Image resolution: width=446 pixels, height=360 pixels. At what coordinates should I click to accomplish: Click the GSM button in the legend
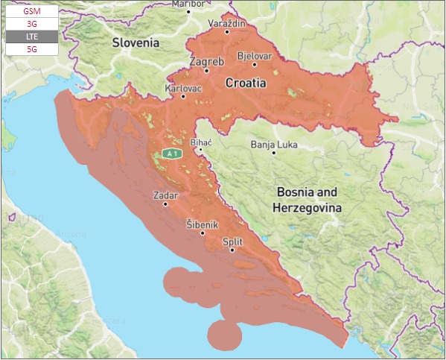click(x=31, y=12)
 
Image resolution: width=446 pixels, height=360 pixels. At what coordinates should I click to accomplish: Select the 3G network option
click(x=31, y=24)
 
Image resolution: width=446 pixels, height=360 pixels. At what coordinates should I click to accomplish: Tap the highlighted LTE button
click(x=31, y=37)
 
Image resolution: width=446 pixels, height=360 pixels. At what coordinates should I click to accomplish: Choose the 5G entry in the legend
click(x=31, y=48)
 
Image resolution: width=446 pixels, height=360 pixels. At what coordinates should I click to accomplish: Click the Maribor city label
click(x=188, y=4)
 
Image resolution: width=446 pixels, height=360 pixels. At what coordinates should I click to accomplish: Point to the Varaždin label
click(x=227, y=23)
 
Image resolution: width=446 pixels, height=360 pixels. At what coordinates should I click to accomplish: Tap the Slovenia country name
click(x=136, y=43)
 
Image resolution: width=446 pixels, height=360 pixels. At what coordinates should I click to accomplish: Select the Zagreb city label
click(x=206, y=61)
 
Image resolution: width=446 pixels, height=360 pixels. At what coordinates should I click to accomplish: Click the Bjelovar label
click(x=255, y=56)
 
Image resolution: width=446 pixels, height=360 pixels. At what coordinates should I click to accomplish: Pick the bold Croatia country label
click(x=246, y=83)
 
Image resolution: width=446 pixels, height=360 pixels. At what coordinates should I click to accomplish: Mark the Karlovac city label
click(x=182, y=88)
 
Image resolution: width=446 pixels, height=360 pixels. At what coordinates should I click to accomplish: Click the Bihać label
click(x=202, y=141)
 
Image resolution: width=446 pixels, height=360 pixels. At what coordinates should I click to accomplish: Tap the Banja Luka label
click(x=273, y=144)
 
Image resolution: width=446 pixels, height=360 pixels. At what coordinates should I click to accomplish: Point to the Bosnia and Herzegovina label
click(x=307, y=200)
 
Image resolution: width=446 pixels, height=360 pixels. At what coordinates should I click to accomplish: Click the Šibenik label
click(x=202, y=224)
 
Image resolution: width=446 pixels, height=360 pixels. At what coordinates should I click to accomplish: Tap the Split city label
click(x=232, y=241)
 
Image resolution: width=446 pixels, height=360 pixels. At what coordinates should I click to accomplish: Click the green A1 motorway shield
click(x=173, y=154)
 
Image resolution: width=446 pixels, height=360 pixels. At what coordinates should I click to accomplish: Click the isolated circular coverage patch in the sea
click(x=224, y=335)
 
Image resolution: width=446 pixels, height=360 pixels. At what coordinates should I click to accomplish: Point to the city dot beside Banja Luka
click(x=273, y=153)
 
